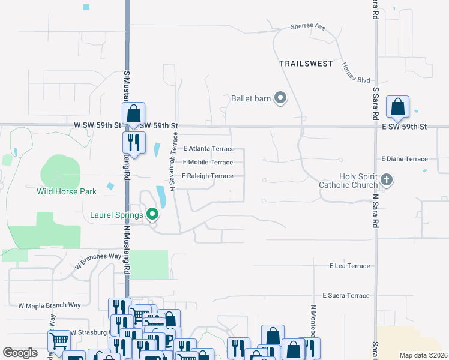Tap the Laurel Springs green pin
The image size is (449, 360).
(152, 214)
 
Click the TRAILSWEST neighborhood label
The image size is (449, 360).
(306, 63)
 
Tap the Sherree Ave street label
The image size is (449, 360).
(307, 27)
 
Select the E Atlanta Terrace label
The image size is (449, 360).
(209, 149)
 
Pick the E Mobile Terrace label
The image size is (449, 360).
(208, 163)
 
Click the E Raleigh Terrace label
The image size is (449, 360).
(208, 176)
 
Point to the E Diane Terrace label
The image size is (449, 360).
(405, 159)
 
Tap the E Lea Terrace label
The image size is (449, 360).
(349, 265)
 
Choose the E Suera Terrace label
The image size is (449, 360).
(346, 296)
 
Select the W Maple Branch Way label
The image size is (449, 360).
(49, 305)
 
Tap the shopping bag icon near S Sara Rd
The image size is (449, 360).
(397, 108)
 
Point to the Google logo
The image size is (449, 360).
(20, 353)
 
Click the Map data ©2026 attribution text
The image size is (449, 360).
(423, 355)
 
